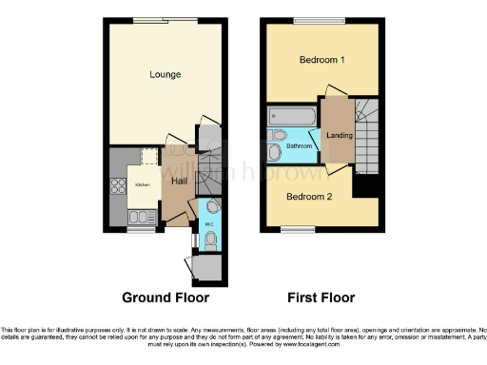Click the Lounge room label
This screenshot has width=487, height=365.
click(165, 74)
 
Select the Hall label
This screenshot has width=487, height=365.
click(178, 180)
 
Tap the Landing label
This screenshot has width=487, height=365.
click(337, 135)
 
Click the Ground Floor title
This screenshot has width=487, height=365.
click(165, 298)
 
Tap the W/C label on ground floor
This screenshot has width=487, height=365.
click(208, 225)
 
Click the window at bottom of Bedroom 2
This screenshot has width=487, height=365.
click(297, 229)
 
